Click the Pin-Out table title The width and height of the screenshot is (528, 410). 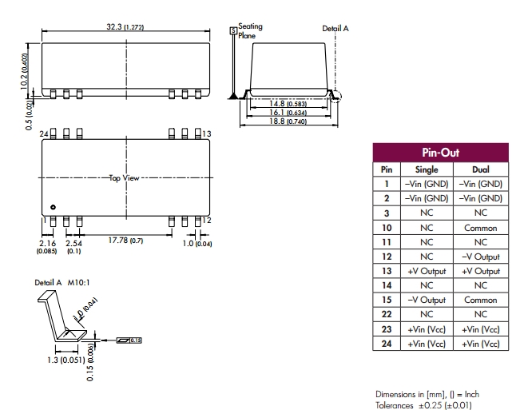tap(439, 153)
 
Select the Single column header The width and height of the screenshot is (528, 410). tap(427, 169)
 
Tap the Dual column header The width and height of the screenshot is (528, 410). tap(480, 169)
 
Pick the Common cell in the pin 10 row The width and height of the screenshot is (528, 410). tap(480, 228)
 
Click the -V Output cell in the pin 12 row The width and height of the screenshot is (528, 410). tap(480, 257)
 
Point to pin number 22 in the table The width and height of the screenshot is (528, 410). tap(386, 314)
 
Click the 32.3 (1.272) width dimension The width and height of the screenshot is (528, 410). tap(125, 27)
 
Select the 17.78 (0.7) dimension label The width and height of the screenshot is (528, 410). tap(125, 241)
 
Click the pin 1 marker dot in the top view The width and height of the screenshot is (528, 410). tap(53, 206)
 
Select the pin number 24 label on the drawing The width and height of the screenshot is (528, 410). tap(44, 132)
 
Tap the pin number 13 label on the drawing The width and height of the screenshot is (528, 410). tap(206, 133)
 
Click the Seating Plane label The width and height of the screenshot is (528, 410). tap(249, 30)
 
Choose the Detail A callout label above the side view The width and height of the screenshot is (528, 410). tap(335, 28)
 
